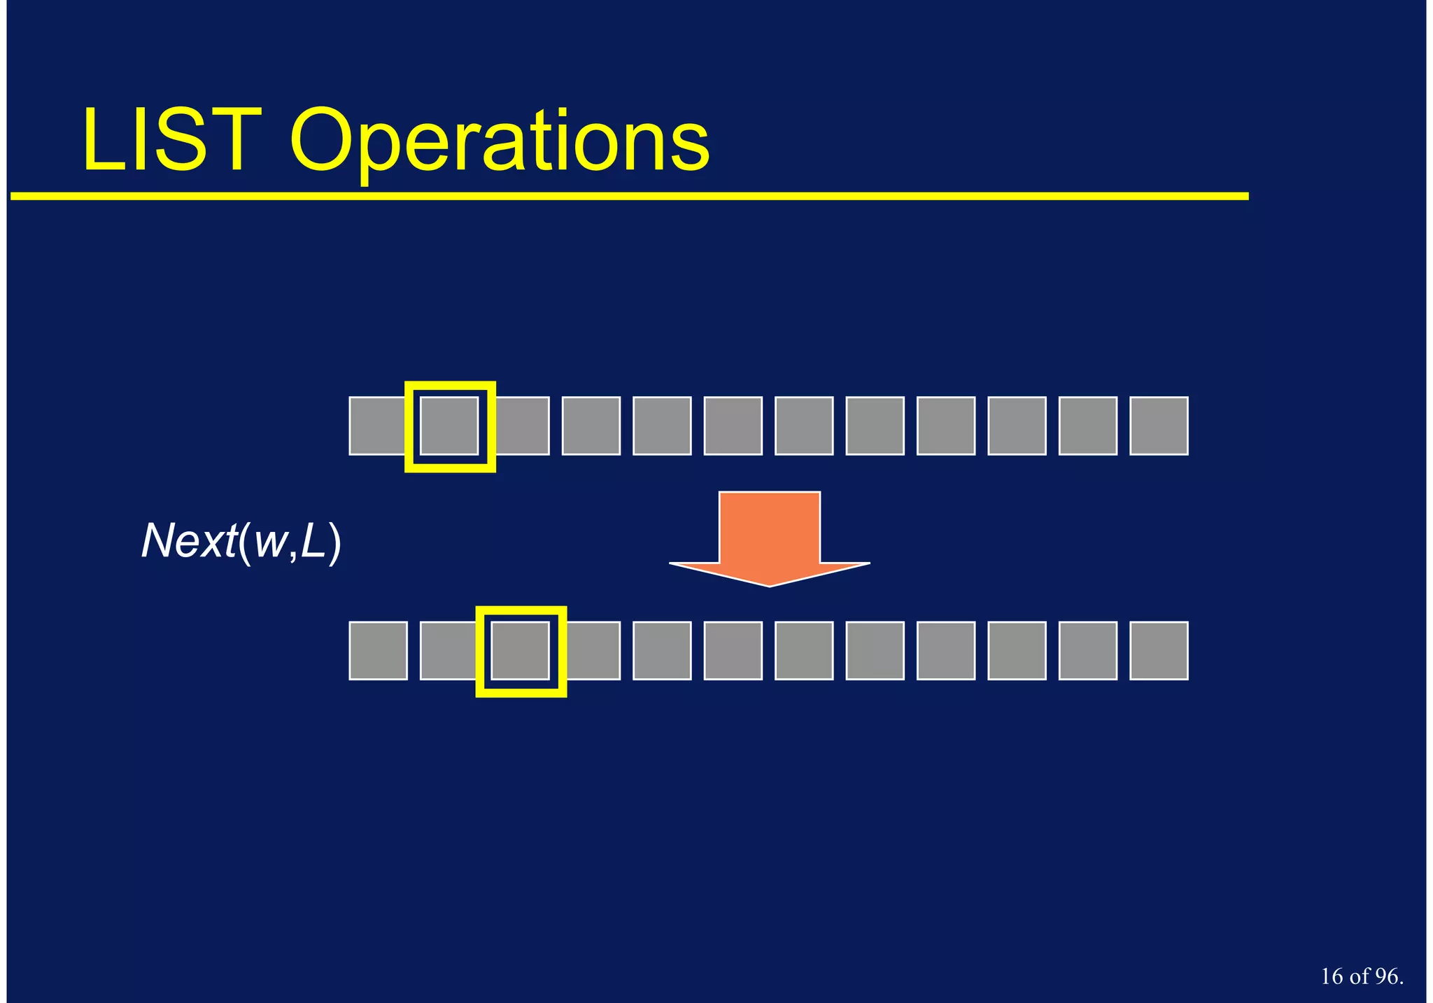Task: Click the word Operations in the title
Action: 500,143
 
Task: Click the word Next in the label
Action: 189,541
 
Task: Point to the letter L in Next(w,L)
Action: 313,541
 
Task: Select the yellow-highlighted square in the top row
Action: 450,426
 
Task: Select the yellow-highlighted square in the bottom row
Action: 521,651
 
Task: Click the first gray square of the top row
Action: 376,426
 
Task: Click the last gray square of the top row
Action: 1159,426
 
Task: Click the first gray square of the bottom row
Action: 378,651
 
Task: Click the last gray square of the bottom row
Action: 1159,651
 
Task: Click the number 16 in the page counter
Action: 1332,976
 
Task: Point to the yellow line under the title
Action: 630,197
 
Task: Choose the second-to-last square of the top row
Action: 1087,426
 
